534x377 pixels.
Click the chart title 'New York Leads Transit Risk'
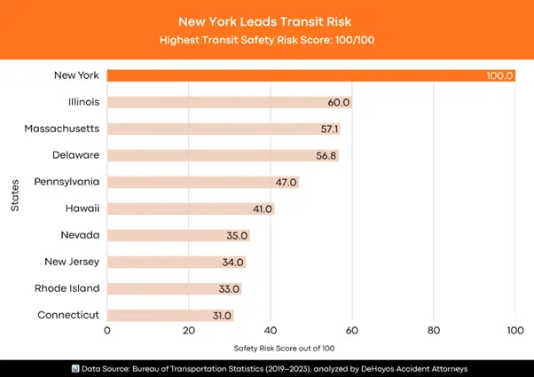(x=266, y=20)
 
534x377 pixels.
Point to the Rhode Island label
(x=67, y=288)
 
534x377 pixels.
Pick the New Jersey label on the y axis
(x=72, y=262)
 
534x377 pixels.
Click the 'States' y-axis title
(x=15, y=195)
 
